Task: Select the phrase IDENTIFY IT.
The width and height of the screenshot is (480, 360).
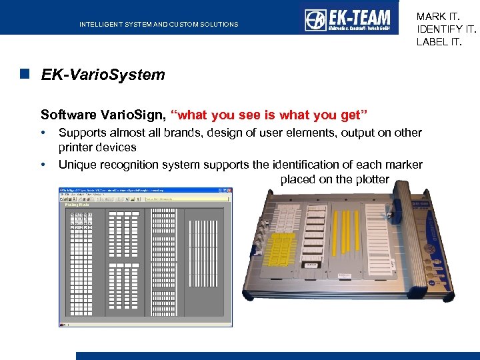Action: click(x=447, y=29)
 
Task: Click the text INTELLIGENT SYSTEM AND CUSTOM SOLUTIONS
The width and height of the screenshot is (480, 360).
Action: click(x=159, y=25)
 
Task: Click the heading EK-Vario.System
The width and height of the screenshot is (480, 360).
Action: click(x=103, y=75)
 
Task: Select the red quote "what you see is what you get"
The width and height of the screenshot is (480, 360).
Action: click(x=265, y=115)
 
